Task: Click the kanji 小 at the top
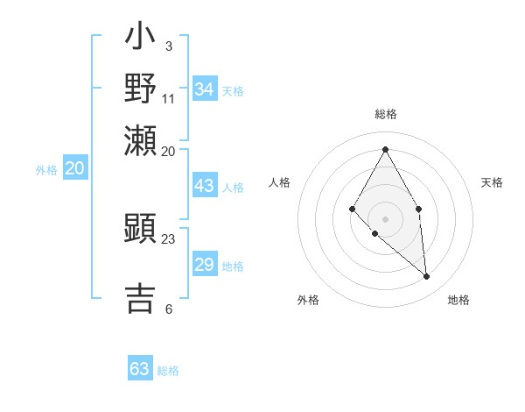click(x=140, y=39)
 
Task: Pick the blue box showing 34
click(x=205, y=89)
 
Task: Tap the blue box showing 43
click(x=205, y=186)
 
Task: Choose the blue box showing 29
click(x=205, y=265)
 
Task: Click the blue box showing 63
click(x=140, y=369)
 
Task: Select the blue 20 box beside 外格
click(x=75, y=169)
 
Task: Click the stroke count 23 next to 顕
click(x=168, y=238)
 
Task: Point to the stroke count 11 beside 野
click(x=169, y=98)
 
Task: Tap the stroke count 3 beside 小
click(x=169, y=46)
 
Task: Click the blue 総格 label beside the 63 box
click(x=168, y=371)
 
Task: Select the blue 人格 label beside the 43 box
click(x=233, y=188)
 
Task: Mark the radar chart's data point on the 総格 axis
click(x=385, y=149)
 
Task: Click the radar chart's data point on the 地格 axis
click(x=427, y=276)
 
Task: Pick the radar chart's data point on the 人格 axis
click(x=353, y=208)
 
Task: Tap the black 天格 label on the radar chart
click(x=492, y=182)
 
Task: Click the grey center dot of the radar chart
click(x=385, y=218)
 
